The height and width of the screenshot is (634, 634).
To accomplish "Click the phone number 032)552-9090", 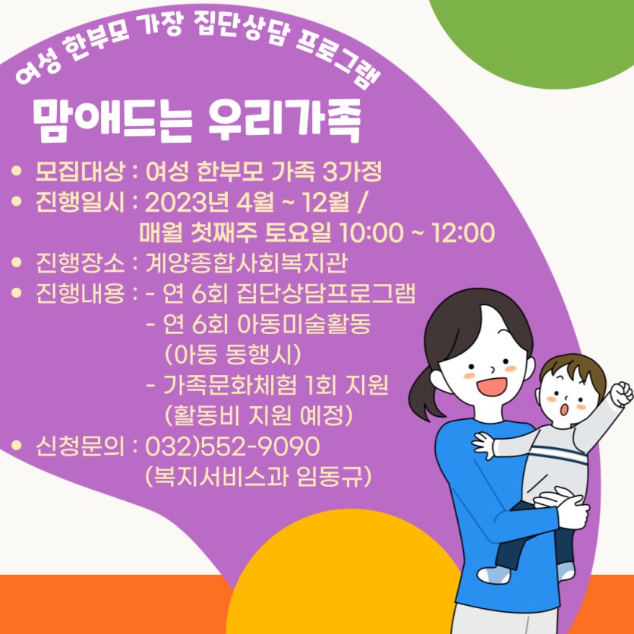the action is pos(232,446).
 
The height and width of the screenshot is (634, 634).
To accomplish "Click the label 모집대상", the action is pos(80,172).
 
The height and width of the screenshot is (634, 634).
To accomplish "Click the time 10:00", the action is pos(371,232).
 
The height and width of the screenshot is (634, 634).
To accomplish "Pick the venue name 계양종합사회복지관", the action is pos(246,263).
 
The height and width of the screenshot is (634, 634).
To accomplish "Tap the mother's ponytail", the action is pos(425,391).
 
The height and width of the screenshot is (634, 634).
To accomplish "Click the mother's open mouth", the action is pos(491,387).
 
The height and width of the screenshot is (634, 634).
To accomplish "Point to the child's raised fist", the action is pos(622,393).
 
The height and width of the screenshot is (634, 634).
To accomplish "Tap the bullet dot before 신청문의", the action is pos(17,446).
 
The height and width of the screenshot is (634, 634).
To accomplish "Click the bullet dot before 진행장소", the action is pos(17,262).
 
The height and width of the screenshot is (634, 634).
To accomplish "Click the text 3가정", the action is pos(352,172).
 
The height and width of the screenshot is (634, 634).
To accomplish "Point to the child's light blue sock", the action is pos(494,574).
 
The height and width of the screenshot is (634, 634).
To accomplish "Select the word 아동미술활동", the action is pos(304,324).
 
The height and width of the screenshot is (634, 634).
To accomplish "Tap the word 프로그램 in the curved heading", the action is pos(339,61).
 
